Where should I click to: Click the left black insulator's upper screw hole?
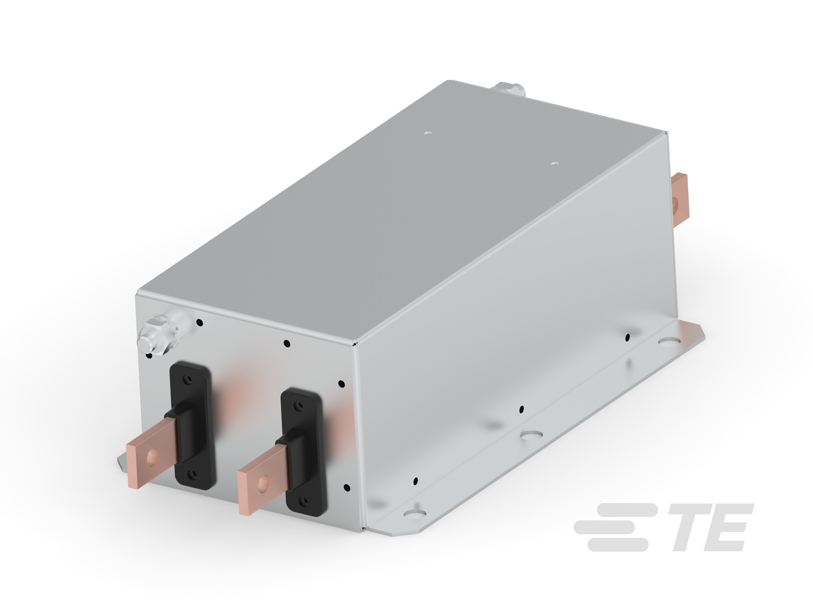click(x=189, y=379)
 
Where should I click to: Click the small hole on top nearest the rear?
click(x=427, y=133)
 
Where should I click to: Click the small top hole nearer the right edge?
click(x=554, y=163)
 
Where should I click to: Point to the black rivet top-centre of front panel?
click(x=287, y=344)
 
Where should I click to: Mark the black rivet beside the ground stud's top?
click(x=200, y=323)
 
